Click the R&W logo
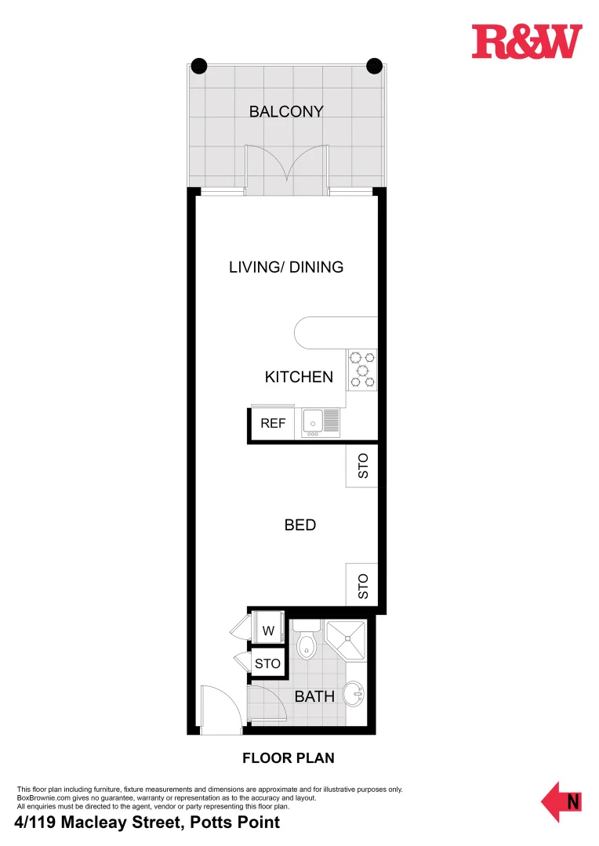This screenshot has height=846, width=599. point(527,42)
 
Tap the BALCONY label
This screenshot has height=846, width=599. point(286,111)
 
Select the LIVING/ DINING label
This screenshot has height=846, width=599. point(286,267)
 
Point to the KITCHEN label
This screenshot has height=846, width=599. point(299,377)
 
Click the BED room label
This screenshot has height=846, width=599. point(300,525)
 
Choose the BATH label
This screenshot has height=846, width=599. point(314,696)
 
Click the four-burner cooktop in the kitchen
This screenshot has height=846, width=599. point(361,369)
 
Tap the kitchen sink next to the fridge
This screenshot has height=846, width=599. point(321,422)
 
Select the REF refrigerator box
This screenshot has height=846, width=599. point(273,423)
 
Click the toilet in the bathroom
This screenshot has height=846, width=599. point(307,641)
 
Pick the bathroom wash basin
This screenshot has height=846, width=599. point(355,693)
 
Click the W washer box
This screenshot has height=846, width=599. point(267,631)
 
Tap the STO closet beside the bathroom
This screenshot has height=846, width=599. point(267,663)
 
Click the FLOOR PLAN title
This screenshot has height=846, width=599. point(288,758)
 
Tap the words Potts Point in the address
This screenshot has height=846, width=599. point(241,822)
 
